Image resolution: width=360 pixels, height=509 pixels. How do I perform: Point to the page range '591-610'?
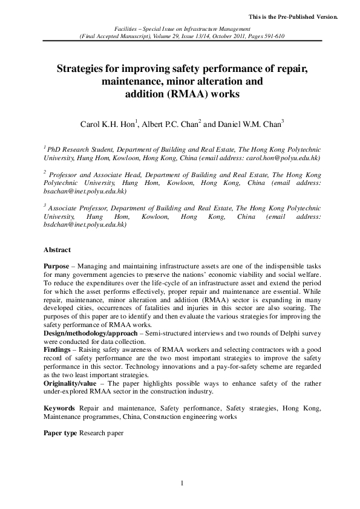click(x=271, y=36)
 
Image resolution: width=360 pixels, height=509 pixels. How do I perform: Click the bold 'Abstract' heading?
click(x=57, y=250)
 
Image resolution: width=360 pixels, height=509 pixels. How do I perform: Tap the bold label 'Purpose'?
click(x=56, y=267)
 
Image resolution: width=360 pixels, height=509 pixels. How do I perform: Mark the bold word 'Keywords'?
click(x=59, y=409)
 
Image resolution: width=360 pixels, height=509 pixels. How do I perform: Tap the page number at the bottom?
click(x=182, y=482)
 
